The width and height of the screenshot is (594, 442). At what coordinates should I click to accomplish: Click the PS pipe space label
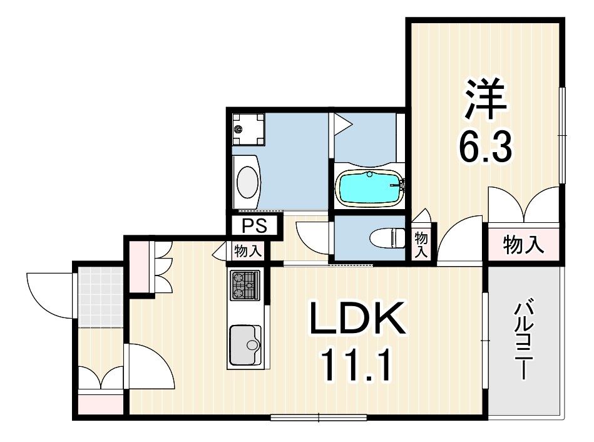(x=255, y=226)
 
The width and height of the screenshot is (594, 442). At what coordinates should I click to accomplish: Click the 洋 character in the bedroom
(x=486, y=99)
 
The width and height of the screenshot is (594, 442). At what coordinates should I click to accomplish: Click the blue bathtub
(x=369, y=188)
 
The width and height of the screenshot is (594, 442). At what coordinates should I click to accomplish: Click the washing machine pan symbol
(x=248, y=129)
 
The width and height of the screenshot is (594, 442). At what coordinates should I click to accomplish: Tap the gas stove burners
(x=245, y=285)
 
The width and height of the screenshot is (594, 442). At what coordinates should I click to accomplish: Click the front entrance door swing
(x=50, y=296)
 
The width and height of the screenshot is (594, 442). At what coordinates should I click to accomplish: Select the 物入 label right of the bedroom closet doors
(x=523, y=244)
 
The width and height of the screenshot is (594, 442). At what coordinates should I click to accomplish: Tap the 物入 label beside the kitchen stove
(x=248, y=251)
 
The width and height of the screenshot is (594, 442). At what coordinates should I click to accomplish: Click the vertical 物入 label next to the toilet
(x=421, y=245)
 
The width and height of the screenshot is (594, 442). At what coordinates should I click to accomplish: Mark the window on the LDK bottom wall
(x=319, y=418)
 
